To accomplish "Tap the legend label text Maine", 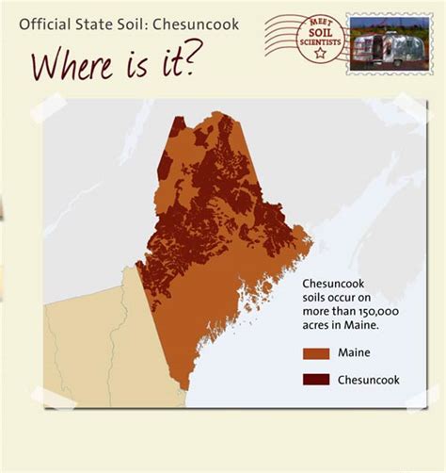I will (354, 353).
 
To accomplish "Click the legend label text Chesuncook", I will (369, 380).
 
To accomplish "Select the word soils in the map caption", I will (315, 297).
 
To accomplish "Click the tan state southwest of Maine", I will (94, 339).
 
